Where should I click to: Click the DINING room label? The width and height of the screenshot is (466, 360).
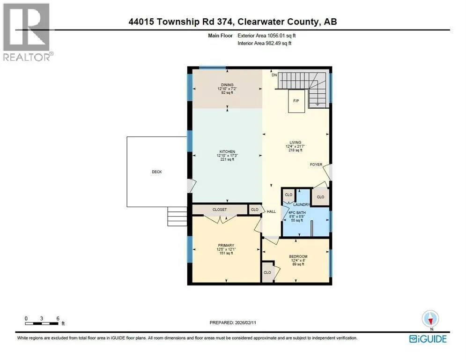point(227,85)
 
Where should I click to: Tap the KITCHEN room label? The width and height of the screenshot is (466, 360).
point(227,152)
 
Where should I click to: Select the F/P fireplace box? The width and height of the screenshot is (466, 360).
point(296,101)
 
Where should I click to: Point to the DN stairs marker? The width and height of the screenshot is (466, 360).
point(274,75)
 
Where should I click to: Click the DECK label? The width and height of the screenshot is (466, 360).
point(157,172)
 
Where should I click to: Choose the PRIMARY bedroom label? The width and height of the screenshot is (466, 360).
point(226,246)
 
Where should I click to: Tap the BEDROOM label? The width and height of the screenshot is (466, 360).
point(298,256)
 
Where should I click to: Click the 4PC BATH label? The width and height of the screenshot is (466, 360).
point(297,213)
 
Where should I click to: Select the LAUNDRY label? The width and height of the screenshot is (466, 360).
point(301,205)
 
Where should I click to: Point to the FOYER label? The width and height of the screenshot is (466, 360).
point(316,165)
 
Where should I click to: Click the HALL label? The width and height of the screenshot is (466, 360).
point(271,211)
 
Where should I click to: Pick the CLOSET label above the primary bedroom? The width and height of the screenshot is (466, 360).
point(220,210)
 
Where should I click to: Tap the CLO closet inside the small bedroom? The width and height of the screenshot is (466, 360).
point(267,272)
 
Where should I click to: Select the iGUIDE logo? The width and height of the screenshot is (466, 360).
point(428,339)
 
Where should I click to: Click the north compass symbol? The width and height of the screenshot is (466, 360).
point(430,319)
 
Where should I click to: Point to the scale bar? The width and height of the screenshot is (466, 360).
point(42,323)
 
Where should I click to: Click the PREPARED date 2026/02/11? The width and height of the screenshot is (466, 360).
point(245,322)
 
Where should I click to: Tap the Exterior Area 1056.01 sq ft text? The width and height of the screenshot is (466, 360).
point(266,36)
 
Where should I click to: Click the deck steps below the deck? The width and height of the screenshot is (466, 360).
point(178,216)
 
